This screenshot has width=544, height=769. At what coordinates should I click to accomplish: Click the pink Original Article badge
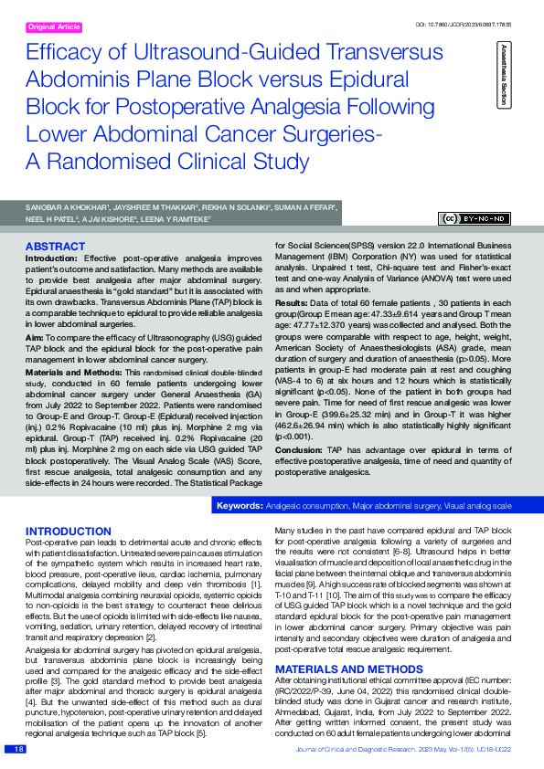55,27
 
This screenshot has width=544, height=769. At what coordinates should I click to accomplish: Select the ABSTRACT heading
56,247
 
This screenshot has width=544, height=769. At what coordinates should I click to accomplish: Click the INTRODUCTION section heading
69,532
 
